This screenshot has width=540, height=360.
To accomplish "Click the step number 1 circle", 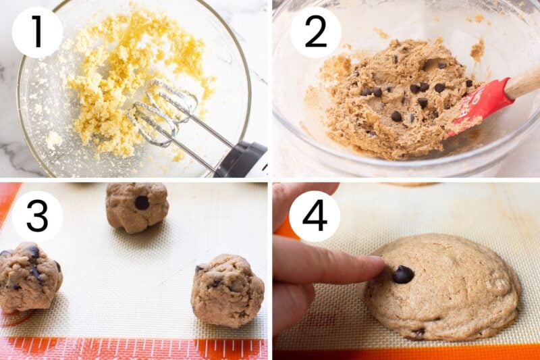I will point(37,32).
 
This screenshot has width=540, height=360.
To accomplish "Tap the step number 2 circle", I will point(315,32).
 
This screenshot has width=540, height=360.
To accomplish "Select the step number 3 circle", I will point(37,216).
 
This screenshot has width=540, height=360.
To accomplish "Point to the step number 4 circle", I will point(315,216).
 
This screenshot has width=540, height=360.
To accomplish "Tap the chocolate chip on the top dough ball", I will point(142,202).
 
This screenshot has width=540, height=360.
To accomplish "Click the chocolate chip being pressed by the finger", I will point(403,274).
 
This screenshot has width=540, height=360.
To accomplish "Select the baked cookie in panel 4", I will point(446,287).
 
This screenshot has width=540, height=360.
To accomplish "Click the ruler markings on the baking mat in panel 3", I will point(135,349).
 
